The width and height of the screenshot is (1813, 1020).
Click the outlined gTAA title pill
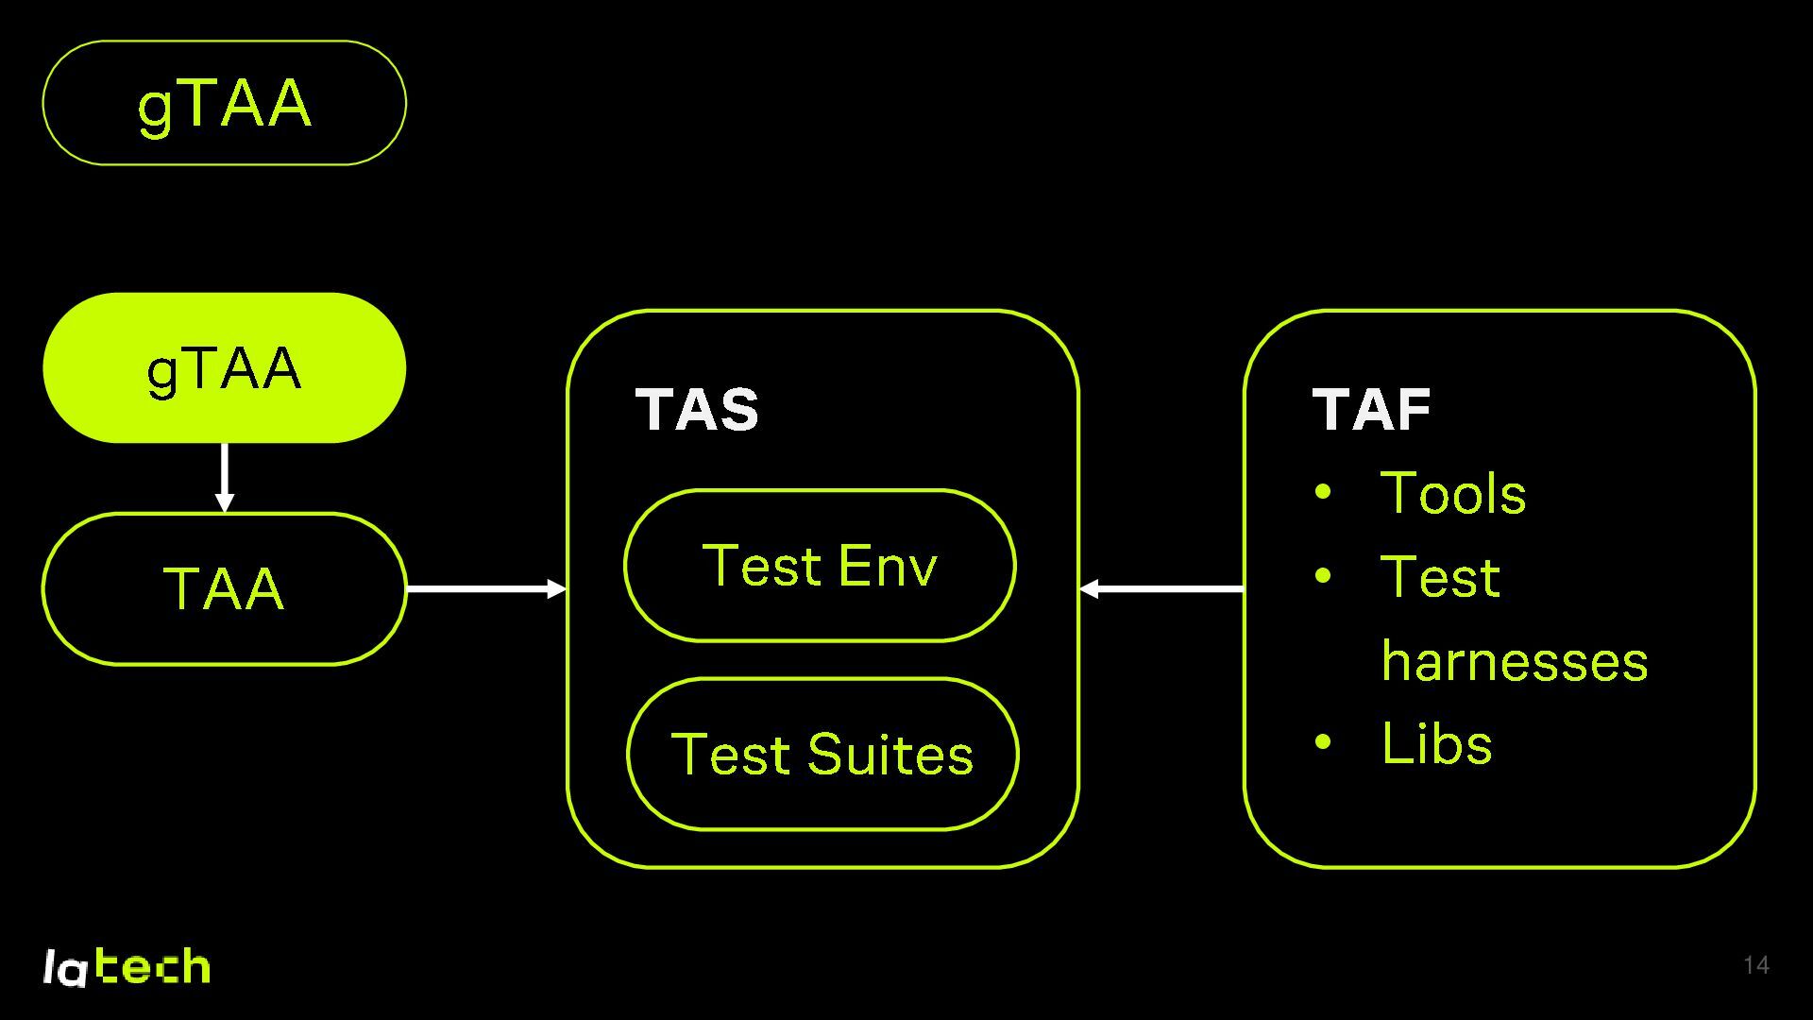(224, 103)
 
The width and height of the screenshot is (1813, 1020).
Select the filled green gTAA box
(224, 367)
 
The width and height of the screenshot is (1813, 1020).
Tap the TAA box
(224, 588)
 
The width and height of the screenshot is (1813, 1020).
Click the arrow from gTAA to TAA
(224, 477)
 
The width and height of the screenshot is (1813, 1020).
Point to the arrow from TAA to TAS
(486, 589)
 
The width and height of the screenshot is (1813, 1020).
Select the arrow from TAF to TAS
(1161, 589)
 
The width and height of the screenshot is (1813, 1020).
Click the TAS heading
(697, 410)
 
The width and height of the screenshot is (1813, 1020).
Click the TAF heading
(1371, 410)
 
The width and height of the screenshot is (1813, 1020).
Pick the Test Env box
(820, 566)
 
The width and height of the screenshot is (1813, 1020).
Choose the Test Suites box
(822, 754)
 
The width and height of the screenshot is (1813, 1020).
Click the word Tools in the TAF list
(1452, 493)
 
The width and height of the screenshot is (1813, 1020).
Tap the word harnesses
(1514, 660)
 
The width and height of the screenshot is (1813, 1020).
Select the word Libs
(1436, 743)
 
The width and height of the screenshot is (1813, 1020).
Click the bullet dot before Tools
(1323, 492)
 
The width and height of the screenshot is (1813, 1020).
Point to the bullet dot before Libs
(1323, 742)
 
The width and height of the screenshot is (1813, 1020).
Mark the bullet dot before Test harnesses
(1323, 575)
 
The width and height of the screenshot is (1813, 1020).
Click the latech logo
(127, 966)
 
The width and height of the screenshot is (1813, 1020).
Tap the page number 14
(1755, 965)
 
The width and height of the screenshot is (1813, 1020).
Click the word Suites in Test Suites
(890, 755)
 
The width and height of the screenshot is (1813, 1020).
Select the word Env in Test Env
(887, 566)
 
